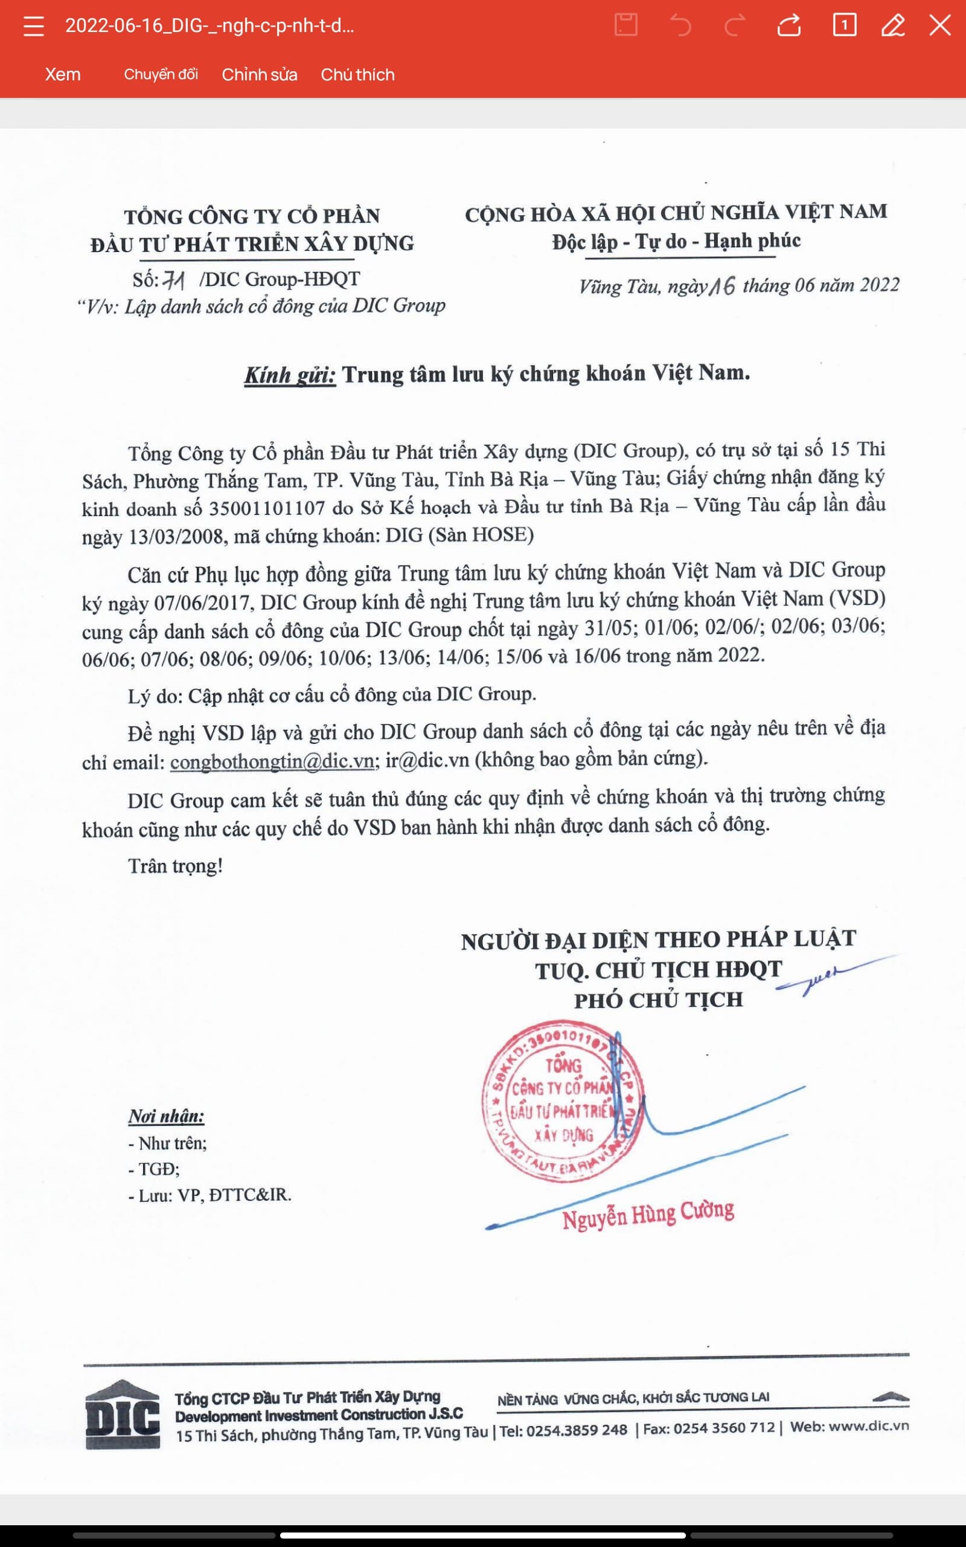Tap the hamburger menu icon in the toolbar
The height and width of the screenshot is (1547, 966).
tap(33, 26)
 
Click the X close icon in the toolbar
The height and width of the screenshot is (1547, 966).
tap(940, 25)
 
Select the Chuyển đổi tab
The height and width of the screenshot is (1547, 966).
tap(161, 74)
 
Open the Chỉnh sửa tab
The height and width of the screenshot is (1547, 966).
tap(260, 74)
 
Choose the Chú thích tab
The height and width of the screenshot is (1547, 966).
tap(358, 74)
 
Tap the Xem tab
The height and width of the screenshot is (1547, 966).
tap(63, 74)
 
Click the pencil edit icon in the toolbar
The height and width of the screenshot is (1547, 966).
tap(892, 25)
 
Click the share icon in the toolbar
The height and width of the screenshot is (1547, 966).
tap(789, 25)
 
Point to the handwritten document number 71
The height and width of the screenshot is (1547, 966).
tap(174, 279)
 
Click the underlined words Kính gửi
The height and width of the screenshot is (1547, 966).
tap(289, 375)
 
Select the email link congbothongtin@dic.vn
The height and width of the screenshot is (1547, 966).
tap(272, 761)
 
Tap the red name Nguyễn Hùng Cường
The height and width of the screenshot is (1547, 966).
tap(648, 1214)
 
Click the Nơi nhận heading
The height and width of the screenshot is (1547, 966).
tap(166, 1116)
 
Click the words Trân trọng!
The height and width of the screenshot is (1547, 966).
tap(175, 865)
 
